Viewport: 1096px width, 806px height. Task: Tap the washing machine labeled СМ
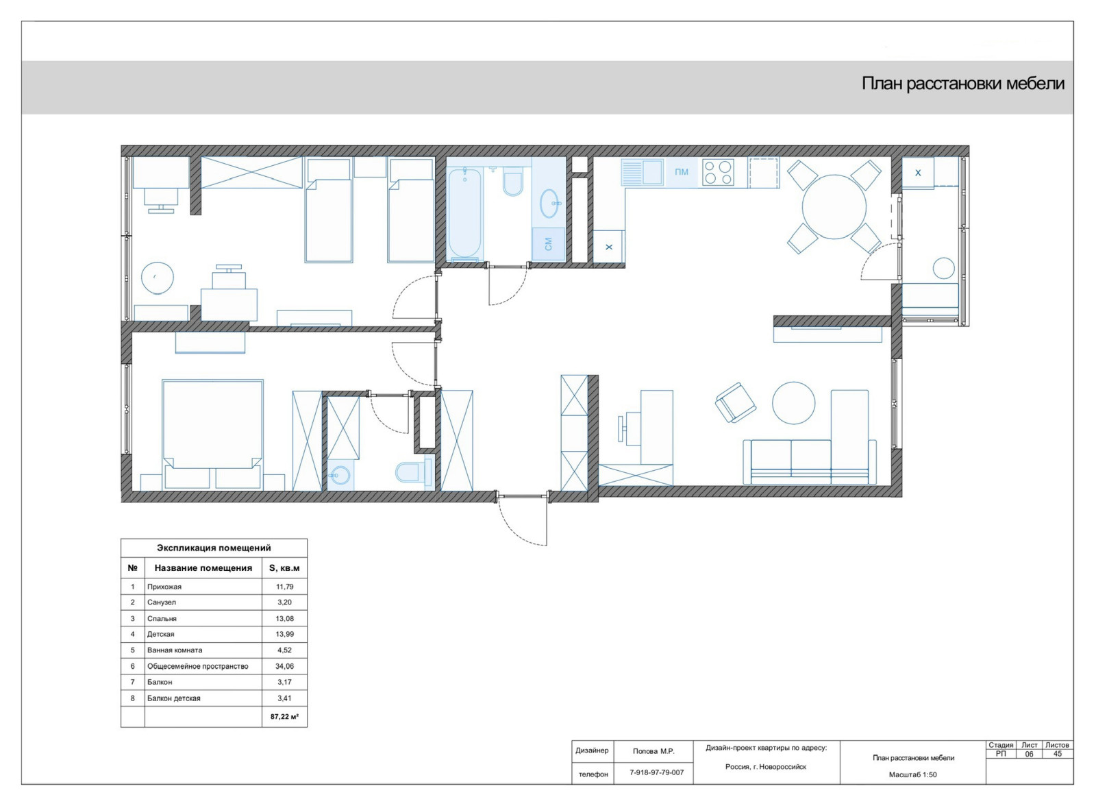point(549,243)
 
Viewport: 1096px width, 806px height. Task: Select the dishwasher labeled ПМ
point(681,172)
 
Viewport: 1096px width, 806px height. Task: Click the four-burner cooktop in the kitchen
point(717,173)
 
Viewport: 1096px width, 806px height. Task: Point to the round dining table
point(834,207)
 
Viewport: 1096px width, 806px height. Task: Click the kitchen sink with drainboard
point(643,172)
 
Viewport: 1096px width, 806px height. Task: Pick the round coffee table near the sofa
point(794,403)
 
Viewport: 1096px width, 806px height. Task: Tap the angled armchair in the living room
point(735,403)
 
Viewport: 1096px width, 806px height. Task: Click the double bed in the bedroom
point(212,435)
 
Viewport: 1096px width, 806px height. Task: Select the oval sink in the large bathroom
point(551,204)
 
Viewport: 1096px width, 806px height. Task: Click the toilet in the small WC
point(414,473)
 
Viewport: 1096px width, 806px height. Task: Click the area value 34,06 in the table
point(284,666)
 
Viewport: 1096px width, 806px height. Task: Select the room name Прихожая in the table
point(164,587)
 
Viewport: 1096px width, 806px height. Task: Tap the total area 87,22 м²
point(284,717)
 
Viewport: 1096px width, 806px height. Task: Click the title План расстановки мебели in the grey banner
point(963,84)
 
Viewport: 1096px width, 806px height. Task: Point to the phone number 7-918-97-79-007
point(657,772)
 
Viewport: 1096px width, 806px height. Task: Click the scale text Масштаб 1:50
point(913,774)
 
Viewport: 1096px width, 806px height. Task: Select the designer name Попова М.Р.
point(653,751)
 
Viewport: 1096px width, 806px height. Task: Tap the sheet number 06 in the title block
point(1030,754)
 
